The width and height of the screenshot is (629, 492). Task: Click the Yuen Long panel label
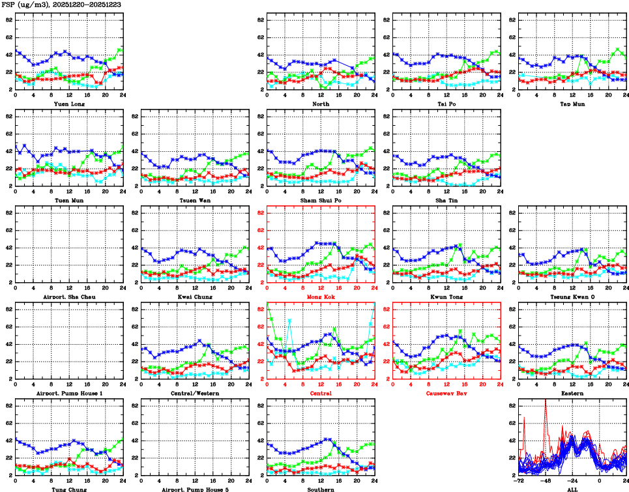[68, 104]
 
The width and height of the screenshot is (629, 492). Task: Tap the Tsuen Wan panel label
[194, 200]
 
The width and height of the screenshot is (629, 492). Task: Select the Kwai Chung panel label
[194, 297]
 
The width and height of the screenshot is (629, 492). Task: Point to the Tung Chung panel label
[68, 489]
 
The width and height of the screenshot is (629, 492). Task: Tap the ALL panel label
[572, 489]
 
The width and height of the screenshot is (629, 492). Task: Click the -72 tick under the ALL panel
[518, 482]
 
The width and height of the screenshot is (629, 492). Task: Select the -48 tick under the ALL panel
[546, 482]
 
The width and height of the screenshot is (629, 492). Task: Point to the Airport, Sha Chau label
[68, 297]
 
